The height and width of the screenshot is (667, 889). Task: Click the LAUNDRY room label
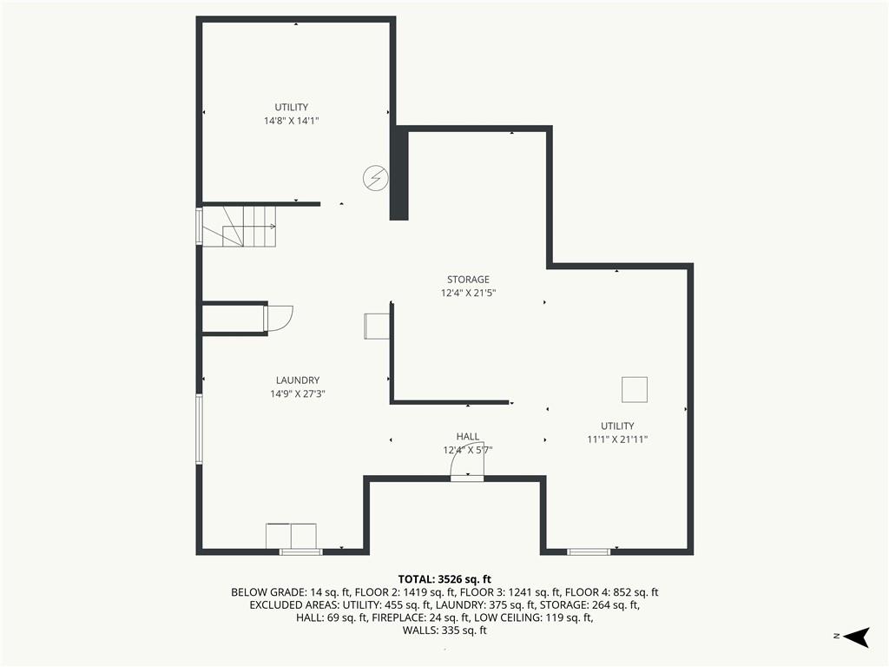point(298,380)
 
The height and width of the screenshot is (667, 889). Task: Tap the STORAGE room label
point(468,280)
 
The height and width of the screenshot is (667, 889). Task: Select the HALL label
point(468,437)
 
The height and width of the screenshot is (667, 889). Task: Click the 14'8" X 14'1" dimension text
point(292,121)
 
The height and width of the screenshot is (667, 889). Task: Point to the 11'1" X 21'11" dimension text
point(617,439)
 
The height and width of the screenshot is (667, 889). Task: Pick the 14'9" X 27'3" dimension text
point(298,394)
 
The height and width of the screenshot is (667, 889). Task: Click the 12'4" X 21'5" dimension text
point(468,294)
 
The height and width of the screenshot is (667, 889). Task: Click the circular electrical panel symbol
point(375,178)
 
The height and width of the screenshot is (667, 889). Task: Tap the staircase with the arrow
point(240,227)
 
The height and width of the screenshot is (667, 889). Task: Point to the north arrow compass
point(857,637)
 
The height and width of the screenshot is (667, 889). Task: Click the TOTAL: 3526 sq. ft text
point(444,579)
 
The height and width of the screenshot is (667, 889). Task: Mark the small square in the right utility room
point(635,390)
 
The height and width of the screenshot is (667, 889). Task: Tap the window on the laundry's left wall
point(199,429)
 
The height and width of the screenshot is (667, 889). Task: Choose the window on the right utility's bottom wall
point(589,551)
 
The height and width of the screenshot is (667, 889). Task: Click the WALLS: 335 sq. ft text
point(444,631)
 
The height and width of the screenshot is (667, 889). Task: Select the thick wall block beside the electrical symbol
point(398,173)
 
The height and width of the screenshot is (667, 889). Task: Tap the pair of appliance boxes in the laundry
point(291,536)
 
